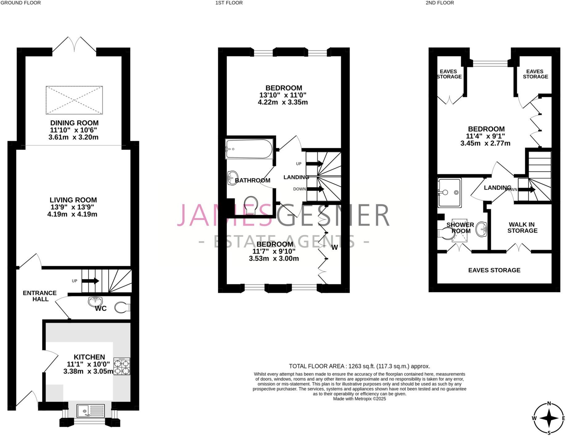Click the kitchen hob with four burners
pos(122,366)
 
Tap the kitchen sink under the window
pos(90,411)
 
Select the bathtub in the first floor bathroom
pos(249,149)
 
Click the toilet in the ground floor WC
pos(122,307)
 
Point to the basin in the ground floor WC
pos(95,301)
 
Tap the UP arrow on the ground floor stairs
pos(90,281)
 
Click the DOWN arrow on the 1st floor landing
pos(315,189)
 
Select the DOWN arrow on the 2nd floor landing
pos(527,189)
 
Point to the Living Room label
pos(73,200)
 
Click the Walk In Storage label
pos(522,228)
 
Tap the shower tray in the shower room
pos(450,192)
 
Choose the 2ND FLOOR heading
pos(440,3)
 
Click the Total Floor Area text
pos(359,366)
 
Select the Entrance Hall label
pos(40,296)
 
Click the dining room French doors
pos(74,45)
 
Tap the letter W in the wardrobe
pos(334,248)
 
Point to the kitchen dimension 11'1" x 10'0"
pos(89,364)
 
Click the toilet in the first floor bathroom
pos(251,204)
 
